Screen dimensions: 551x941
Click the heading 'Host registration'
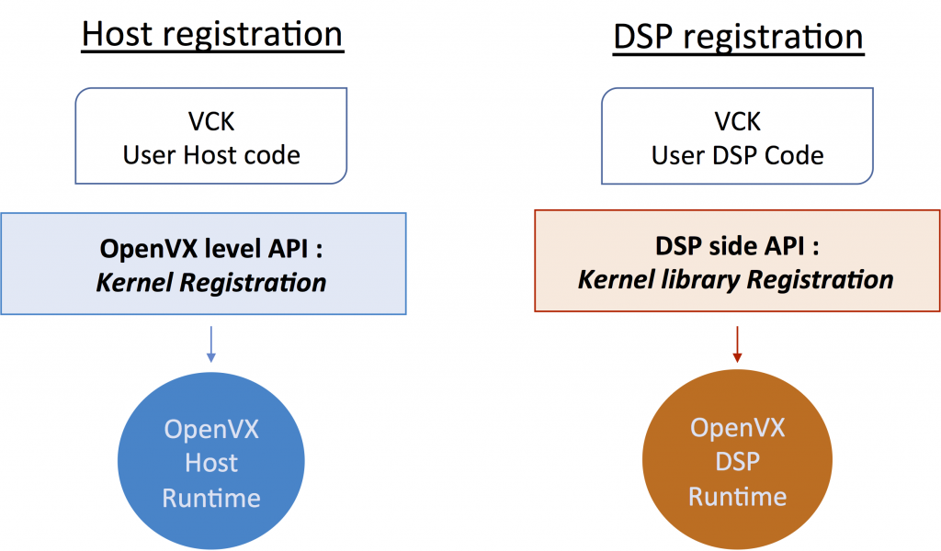(x=212, y=34)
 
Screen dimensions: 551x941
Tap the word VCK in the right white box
(x=738, y=122)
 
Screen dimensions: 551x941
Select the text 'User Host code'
(x=211, y=154)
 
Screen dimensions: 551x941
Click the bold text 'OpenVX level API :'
(x=211, y=249)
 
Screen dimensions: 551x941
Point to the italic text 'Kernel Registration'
(x=211, y=282)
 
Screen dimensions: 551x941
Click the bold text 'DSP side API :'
(x=737, y=247)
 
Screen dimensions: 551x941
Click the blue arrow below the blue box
(x=211, y=341)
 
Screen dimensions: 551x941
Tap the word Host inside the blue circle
(x=211, y=463)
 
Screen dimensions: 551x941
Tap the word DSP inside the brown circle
(x=738, y=461)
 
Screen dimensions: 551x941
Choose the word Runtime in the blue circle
(x=211, y=498)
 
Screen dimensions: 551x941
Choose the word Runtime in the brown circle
(x=738, y=496)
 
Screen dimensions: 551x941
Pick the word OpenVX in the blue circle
(x=211, y=428)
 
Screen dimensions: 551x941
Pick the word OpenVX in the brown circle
(x=738, y=427)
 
